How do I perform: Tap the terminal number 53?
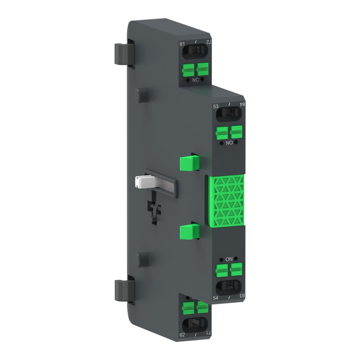click(x=216, y=106)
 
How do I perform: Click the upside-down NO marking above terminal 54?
click(x=229, y=259)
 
